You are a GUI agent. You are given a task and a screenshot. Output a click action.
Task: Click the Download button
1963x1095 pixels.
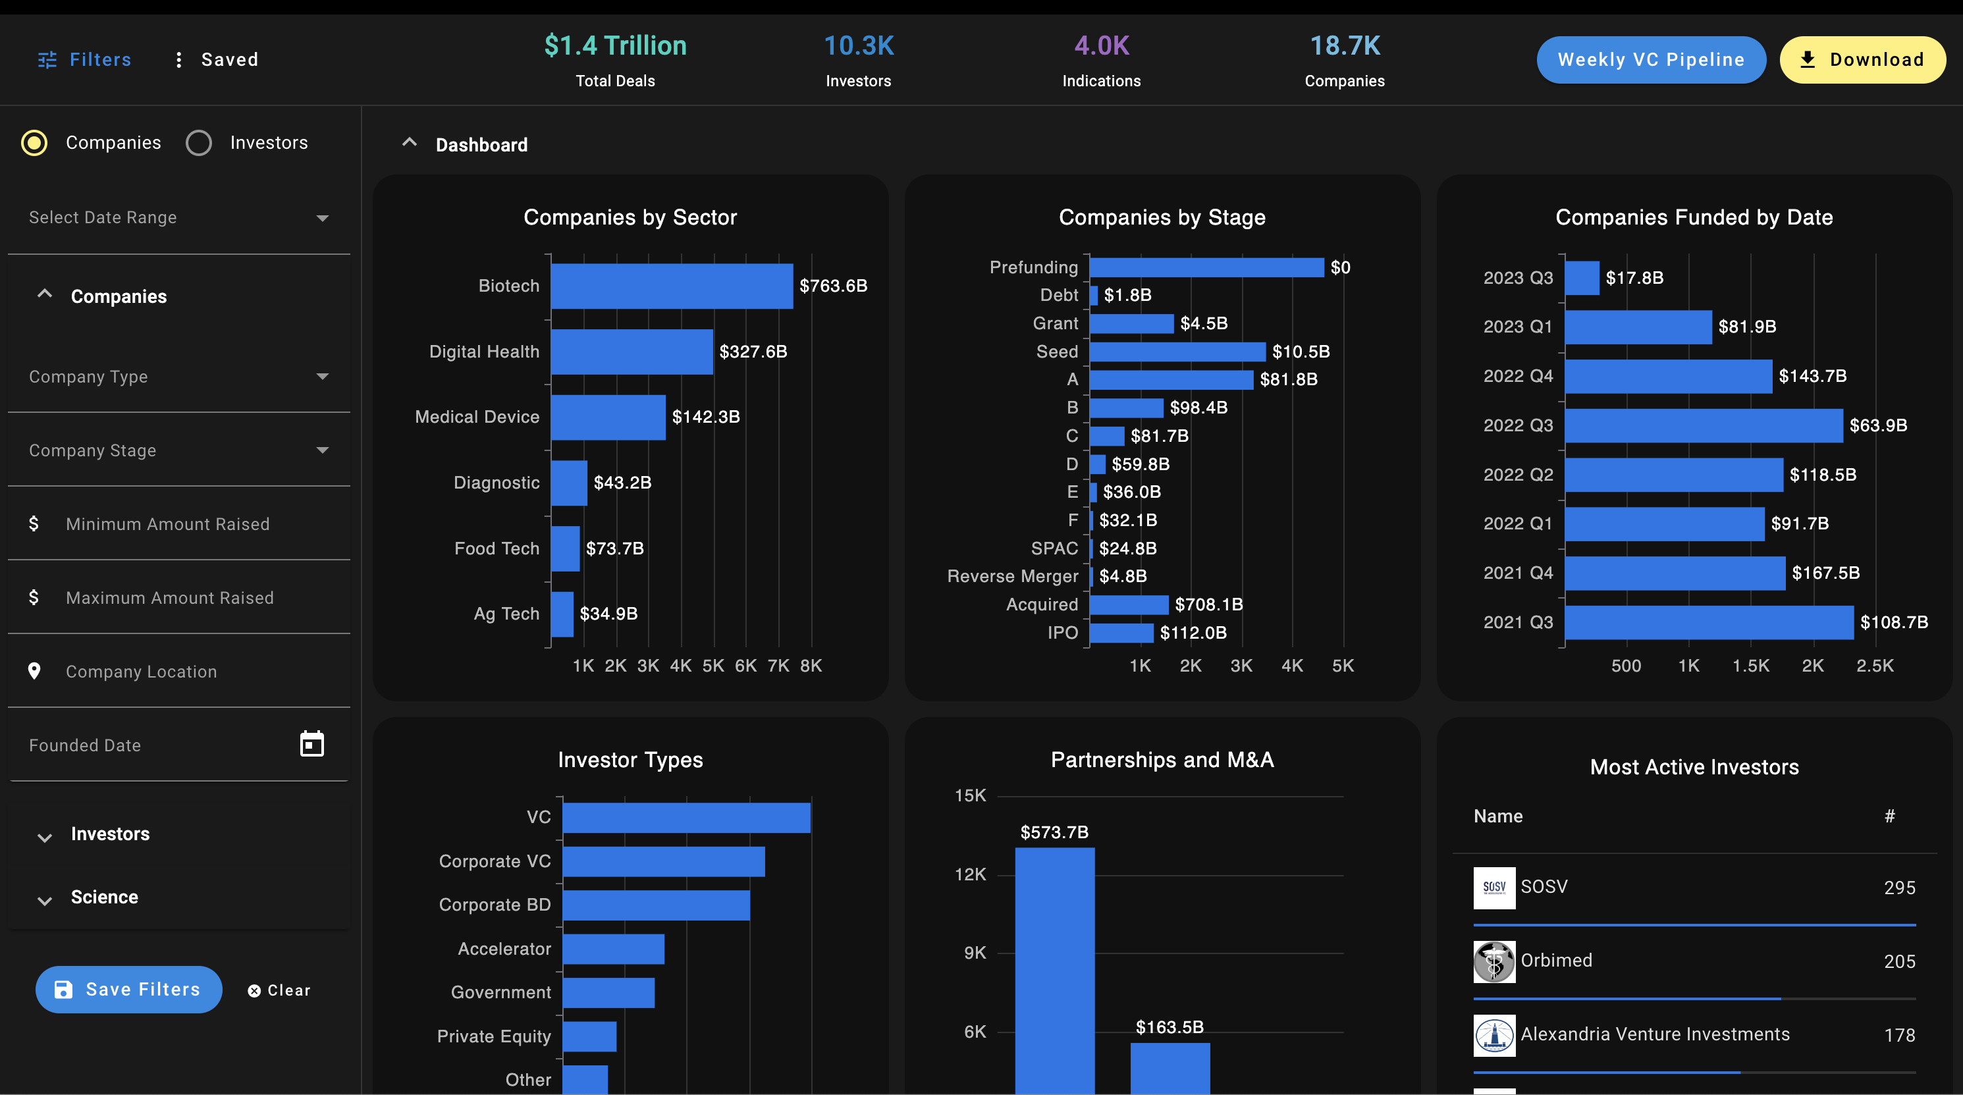pyautogui.click(x=1862, y=59)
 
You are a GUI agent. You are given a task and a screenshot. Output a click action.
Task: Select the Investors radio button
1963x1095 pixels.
pyautogui.click(x=199, y=142)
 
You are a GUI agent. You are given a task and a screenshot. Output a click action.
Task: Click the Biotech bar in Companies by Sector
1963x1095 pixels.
pyautogui.click(x=672, y=286)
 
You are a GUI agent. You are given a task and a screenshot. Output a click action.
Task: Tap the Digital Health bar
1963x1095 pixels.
pyautogui.click(x=632, y=352)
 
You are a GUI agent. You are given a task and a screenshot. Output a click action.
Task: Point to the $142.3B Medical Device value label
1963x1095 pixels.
pyautogui.click(x=706, y=417)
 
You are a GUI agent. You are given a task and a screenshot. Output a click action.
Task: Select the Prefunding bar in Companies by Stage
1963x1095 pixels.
pyautogui.click(x=1206, y=267)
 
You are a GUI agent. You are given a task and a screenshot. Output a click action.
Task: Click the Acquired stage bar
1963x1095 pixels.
pyautogui.click(x=1129, y=604)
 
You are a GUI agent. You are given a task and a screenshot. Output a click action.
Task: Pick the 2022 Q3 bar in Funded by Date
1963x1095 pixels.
pyautogui.click(x=1704, y=425)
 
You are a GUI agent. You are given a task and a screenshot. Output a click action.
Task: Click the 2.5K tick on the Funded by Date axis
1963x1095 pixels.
pyautogui.click(x=1875, y=665)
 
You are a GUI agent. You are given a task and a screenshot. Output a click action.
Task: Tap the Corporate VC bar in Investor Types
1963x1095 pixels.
pyautogui.click(x=664, y=861)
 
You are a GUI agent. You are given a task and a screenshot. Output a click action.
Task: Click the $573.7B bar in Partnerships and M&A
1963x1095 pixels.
pyautogui.click(x=1055, y=971)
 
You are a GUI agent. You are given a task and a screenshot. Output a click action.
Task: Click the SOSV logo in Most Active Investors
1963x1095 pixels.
pyautogui.click(x=1493, y=888)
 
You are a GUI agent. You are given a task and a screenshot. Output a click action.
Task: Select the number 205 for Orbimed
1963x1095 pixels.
pyautogui.click(x=1899, y=961)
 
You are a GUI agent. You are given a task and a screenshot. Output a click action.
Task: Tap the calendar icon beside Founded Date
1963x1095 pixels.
pyautogui.click(x=311, y=743)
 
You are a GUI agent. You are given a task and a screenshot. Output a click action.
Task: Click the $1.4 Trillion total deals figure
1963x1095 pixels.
pyautogui.click(x=615, y=45)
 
